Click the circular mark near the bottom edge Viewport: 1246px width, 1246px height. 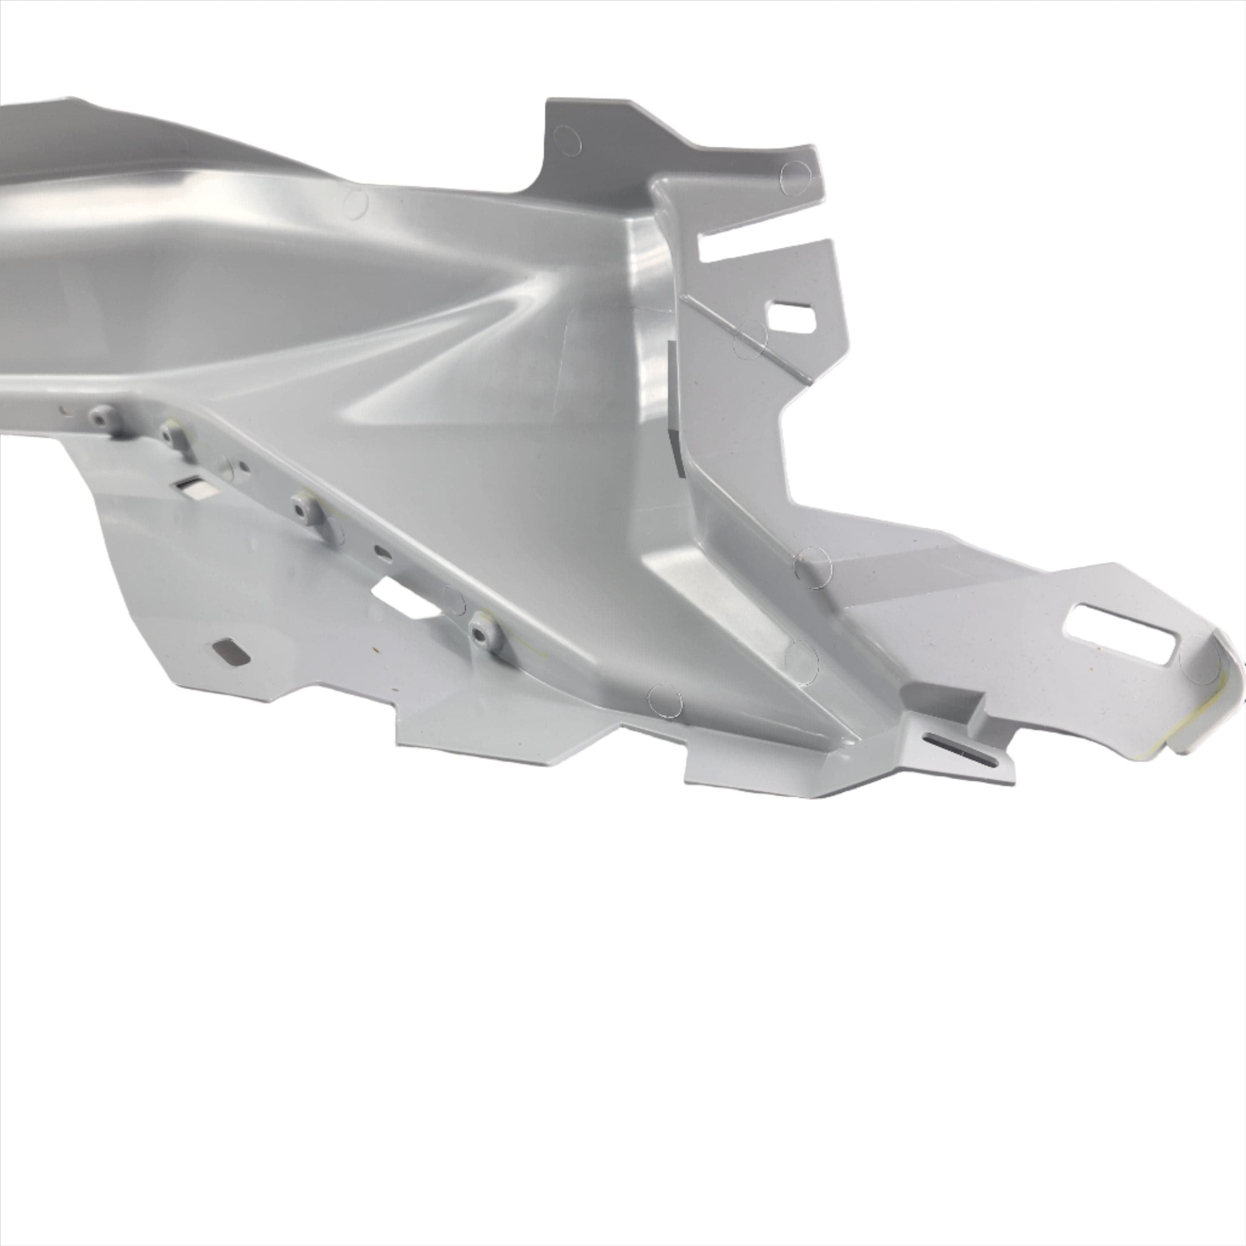(665, 700)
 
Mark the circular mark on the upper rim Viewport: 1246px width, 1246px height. (355, 203)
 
